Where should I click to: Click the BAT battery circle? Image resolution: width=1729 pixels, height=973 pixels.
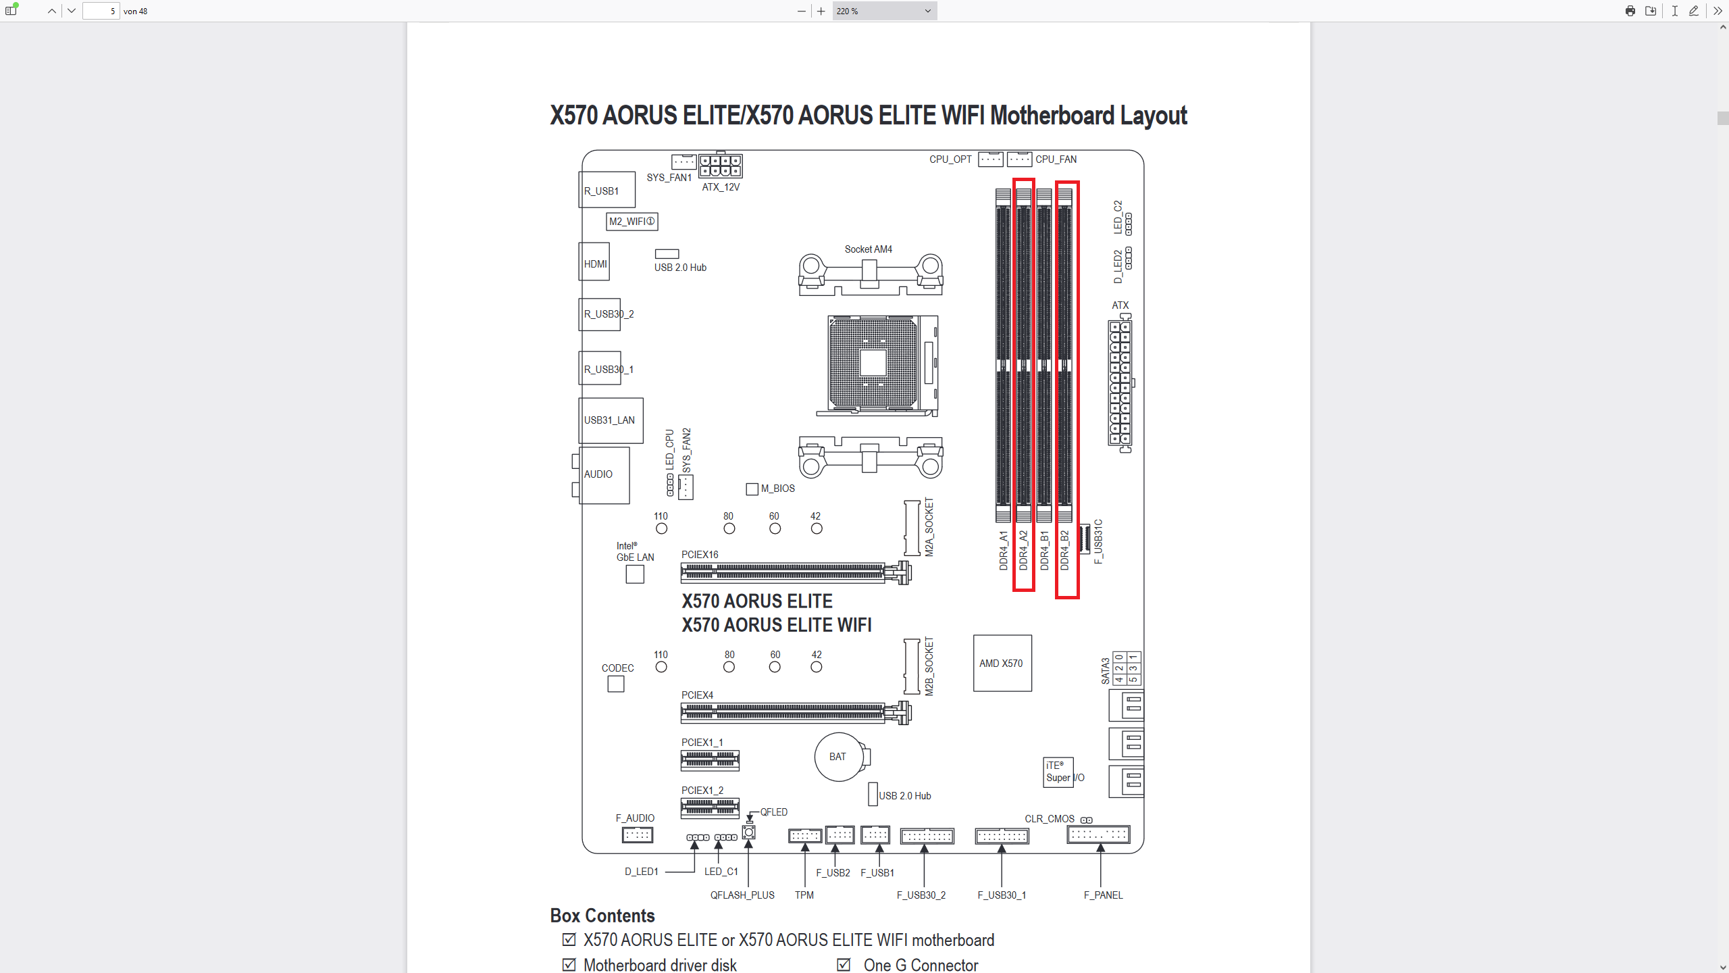(x=838, y=757)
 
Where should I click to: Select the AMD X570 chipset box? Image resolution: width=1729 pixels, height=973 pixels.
(x=1002, y=663)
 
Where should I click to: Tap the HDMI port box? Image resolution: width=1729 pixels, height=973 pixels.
(x=594, y=262)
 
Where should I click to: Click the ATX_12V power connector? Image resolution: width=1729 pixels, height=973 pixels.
(x=720, y=166)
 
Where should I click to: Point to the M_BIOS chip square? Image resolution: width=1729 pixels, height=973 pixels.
(x=752, y=489)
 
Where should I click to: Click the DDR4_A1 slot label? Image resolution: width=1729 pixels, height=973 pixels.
(x=1004, y=550)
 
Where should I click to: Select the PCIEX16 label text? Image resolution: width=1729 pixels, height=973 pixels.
(x=700, y=554)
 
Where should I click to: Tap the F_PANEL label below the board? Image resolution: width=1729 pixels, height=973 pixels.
(x=1103, y=895)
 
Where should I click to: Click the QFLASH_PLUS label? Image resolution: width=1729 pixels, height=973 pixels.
(x=742, y=895)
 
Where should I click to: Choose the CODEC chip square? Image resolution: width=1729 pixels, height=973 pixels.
(x=615, y=684)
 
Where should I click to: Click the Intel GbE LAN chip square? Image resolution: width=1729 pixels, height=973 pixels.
(x=635, y=574)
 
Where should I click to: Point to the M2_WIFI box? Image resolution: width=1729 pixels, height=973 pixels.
(x=632, y=221)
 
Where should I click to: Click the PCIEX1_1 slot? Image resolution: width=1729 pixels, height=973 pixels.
(x=710, y=760)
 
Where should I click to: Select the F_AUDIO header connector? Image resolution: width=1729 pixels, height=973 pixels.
(x=637, y=835)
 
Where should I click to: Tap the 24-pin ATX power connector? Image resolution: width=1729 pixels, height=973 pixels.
(x=1120, y=384)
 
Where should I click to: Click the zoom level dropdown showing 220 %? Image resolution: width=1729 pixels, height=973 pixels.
(x=884, y=11)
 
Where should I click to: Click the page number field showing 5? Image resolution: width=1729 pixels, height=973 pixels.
(x=101, y=11)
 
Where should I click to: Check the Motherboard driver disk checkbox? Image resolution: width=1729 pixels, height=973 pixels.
(x=569, y=964)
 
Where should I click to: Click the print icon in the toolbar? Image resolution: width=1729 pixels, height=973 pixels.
(x=1630, y=11)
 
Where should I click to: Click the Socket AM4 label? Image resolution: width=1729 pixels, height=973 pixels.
(x=868, y=249)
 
